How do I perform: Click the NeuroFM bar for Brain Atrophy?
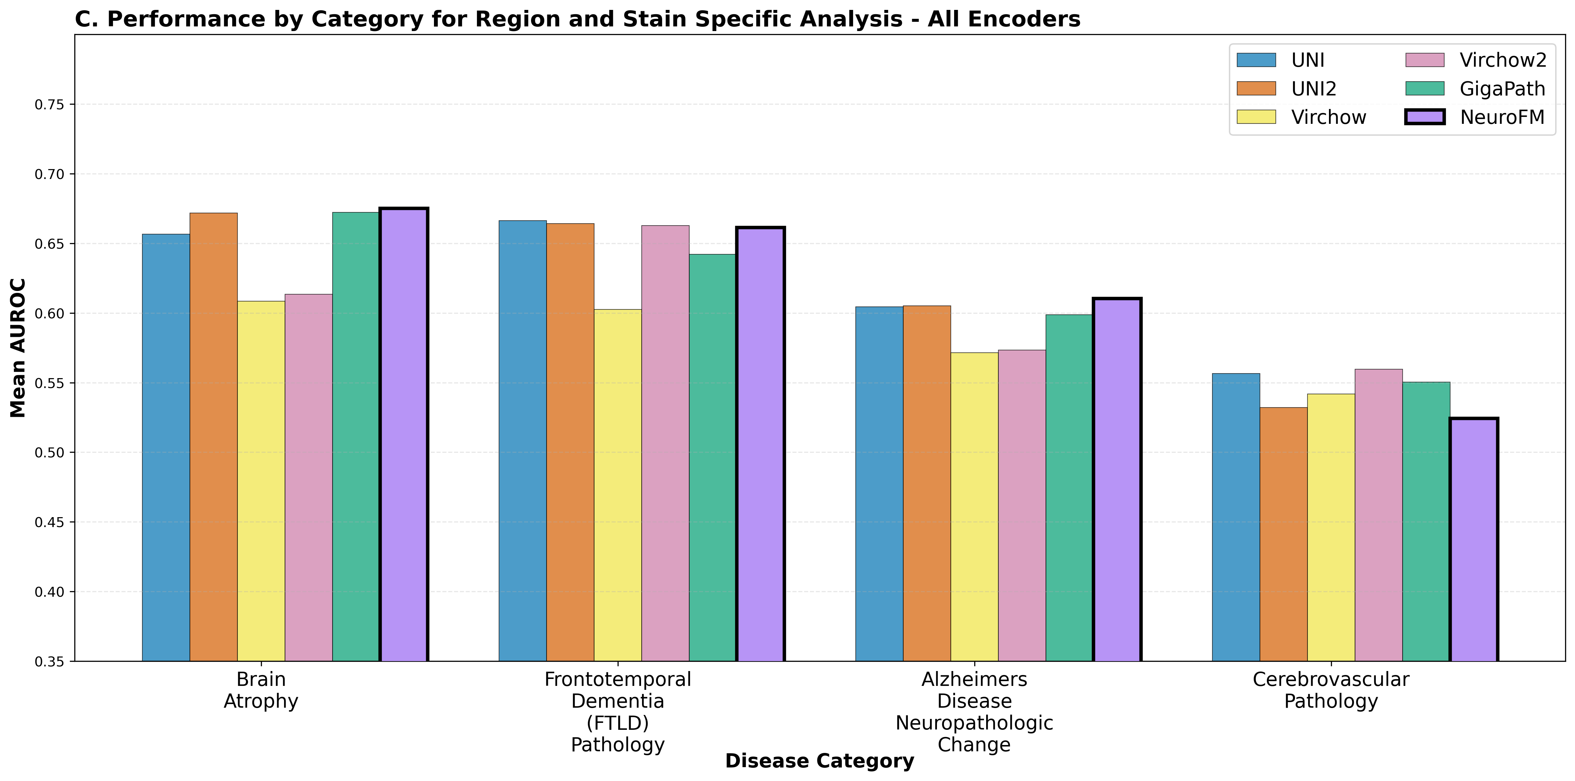[404, 434]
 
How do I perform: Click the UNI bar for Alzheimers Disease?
[878, 483]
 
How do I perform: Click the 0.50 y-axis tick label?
[49, 452]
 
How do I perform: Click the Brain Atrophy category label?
[261, 690]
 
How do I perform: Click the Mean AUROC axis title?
[18, 347]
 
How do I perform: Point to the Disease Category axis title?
[819, 761]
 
